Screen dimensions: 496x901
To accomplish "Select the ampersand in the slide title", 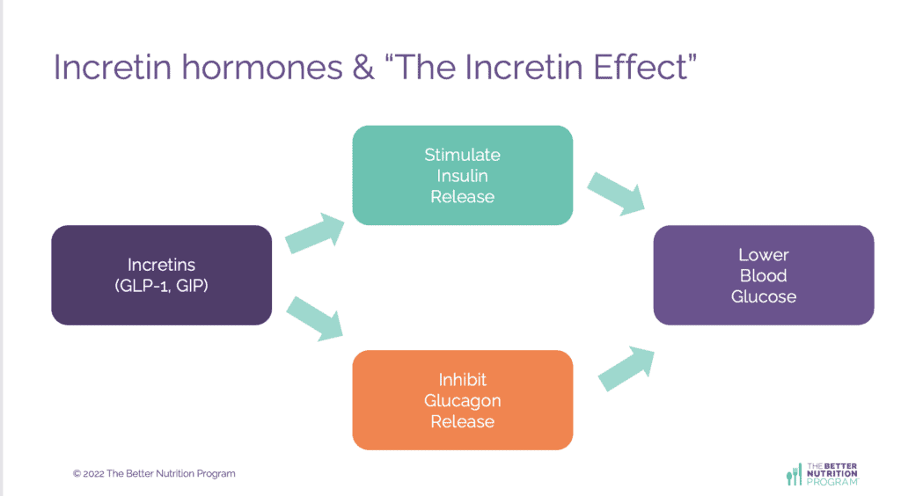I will tap(363, 68).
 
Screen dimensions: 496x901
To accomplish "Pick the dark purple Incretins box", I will tap(161, 275).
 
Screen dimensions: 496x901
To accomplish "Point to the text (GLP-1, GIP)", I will tap(161, 286).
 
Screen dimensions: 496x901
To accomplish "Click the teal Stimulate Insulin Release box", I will tap(463, 175).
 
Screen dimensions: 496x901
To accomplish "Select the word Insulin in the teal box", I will tap(463, 176).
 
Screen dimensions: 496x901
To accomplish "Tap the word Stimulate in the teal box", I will tap(463, 155).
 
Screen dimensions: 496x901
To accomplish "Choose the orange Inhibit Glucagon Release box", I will tap(463, 400).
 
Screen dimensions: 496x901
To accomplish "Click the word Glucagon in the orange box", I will tap(463, 401).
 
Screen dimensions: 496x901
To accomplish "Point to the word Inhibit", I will tap(463, 380).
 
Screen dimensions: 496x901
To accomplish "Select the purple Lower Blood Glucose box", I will tap(763, 275).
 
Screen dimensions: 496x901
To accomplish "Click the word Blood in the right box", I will tap(763, 276).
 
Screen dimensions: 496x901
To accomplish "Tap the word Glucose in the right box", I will tap(763, 296).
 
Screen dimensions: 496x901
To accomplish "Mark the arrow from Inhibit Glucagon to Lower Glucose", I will tap(626, 367).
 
